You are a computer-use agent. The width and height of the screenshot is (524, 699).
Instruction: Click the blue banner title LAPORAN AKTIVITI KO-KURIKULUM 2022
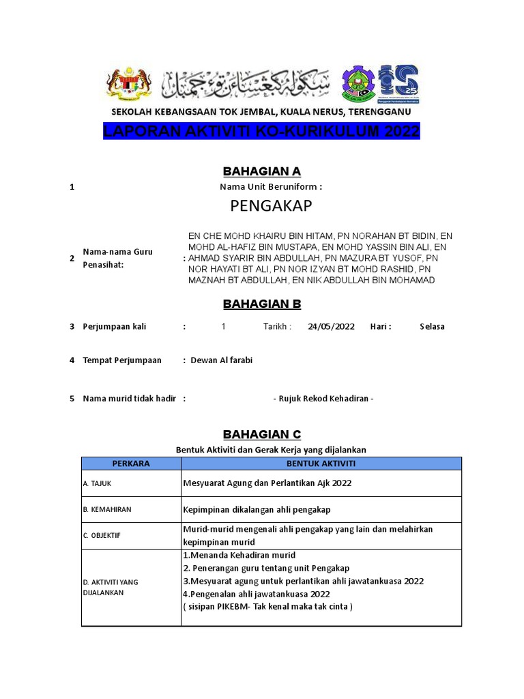pyautogui.click(x=261, y=132)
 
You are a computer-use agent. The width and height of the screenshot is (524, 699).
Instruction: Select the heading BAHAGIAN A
pyautogui.click(x=262, y=171)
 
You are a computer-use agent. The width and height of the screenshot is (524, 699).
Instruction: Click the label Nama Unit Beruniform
pyautogui.click(x=270, y=187)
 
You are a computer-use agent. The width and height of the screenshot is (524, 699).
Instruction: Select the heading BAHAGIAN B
pyautogui.click(x=262, y=304)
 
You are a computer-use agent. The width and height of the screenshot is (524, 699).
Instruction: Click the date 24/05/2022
pyautogui.click(x=331, y=326)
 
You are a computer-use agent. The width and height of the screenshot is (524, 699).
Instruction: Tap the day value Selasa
pyautogui.click(x=432, y=326)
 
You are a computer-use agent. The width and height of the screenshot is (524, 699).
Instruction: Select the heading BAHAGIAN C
pyautogui.click(x=262, y=435)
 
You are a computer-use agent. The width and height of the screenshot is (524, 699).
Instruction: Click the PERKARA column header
pyautogui.click(x=131, y=463)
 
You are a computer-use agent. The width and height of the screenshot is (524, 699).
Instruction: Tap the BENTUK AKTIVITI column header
pyautogui.click(x=321, y=463)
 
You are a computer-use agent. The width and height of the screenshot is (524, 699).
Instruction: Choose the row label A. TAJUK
pyautogui.click(x=97, y=484)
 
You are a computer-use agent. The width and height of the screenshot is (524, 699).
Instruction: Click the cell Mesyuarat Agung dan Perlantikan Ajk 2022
pyautogui.click(x=267, y=484)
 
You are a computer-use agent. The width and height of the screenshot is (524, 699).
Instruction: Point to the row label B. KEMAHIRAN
pyautogui.click(x=107, y=510)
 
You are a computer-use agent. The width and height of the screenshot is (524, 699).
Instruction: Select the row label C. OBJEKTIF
pyautogui.click(x=102, y=536)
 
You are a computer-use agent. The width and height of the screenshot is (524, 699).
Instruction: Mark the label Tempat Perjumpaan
pyautogui.click(x=122, y=360)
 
